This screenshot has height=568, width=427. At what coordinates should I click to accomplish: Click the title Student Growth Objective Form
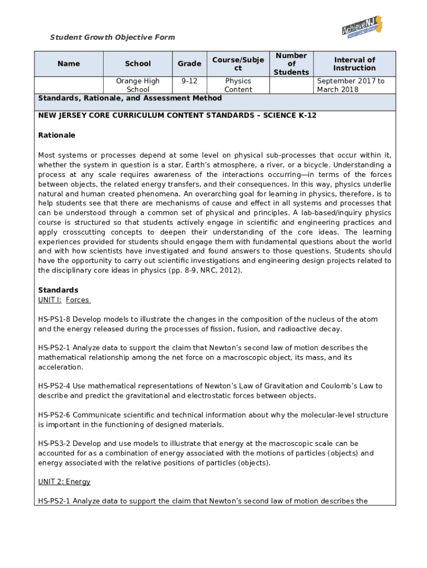pos(113,37)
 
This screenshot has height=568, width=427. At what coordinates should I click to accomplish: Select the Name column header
pos(69,64)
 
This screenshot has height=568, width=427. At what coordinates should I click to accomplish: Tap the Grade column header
pos(189,64)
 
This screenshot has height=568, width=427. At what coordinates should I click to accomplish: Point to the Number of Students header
pos(291,64)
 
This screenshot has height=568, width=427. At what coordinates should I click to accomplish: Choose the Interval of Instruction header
pos(354,64)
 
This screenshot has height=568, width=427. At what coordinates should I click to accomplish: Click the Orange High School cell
pos(138,85)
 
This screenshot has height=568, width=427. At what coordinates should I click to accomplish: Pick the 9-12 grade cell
pos(189,81)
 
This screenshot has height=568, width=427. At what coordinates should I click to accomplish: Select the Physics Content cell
pos(238,85)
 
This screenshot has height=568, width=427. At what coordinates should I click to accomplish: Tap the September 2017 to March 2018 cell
pos(350,85)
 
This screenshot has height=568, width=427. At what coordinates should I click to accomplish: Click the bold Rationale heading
pos(57,135)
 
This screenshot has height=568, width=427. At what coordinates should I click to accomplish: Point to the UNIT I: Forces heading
pos(64,300)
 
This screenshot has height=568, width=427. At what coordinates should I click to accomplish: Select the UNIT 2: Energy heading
pos(64,482)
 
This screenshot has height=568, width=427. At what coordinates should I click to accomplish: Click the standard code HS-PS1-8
pos(54,319)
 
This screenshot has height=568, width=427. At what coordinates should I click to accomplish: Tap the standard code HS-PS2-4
pos(54,386)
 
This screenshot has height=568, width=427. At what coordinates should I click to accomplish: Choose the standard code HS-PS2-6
pos(54,415)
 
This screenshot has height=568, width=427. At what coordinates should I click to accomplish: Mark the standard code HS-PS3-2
pos(54,444)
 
